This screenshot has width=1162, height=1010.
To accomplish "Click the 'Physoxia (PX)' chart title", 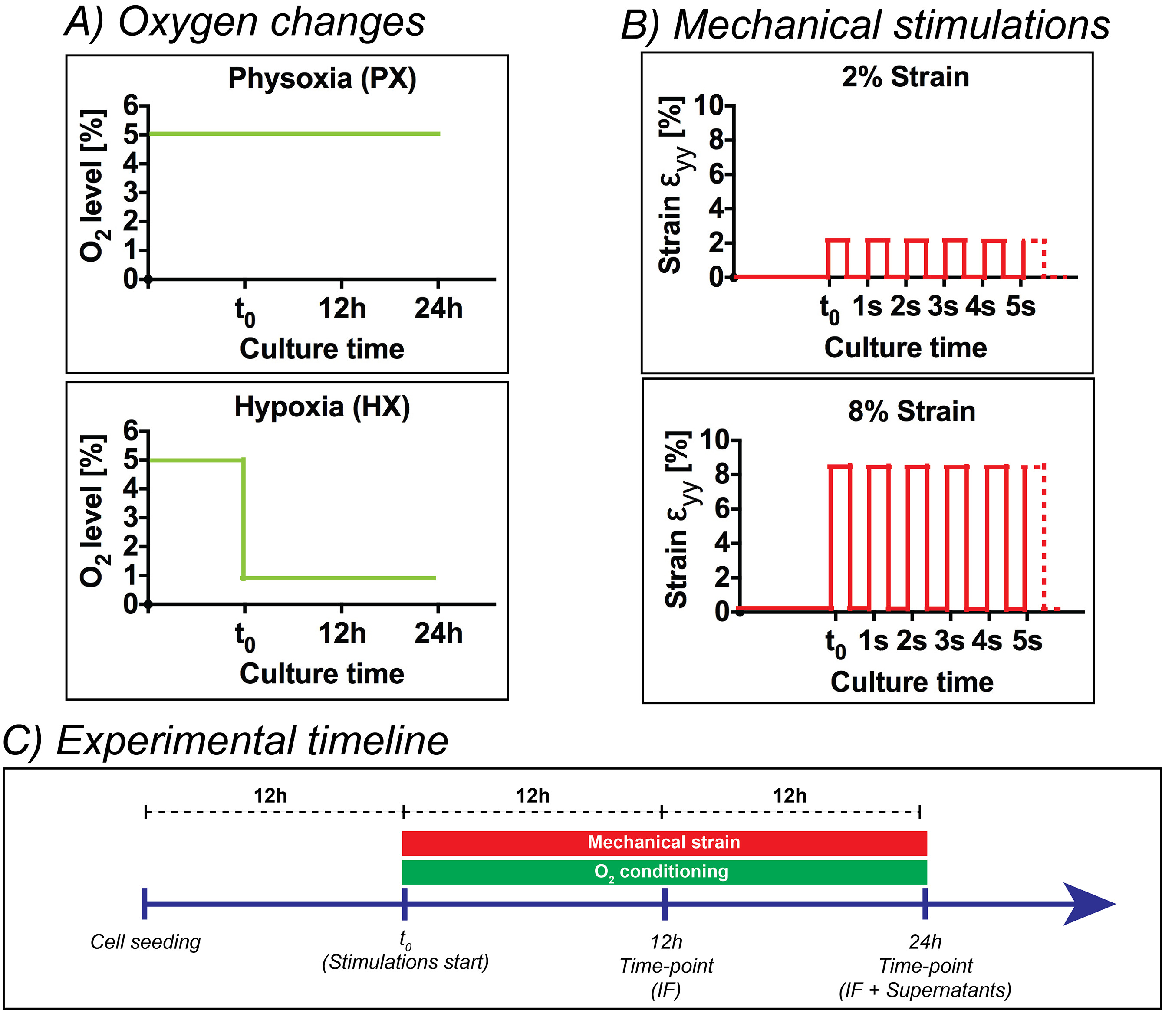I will tap(322, 79).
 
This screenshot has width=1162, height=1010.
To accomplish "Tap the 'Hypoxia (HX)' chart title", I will tap(322, 407).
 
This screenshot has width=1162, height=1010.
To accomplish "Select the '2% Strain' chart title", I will tap(905, 77).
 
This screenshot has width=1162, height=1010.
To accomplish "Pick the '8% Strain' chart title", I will tap(912, 411).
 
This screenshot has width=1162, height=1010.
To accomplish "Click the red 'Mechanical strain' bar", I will tap(664, 843).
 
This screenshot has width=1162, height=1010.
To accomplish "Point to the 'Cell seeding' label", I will tap(145, 942).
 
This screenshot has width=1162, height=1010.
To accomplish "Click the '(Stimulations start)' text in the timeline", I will tap(405, 961).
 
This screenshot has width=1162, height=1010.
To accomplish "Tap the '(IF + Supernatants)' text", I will tap(925, 989).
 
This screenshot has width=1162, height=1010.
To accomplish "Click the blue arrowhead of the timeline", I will tap(1088, 904).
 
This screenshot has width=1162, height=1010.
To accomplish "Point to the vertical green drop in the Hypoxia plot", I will tap(244, 518).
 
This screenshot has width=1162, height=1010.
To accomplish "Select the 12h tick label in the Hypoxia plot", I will tap(342, 633).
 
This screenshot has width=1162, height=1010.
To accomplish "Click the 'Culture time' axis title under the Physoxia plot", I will tap(322, 349).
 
